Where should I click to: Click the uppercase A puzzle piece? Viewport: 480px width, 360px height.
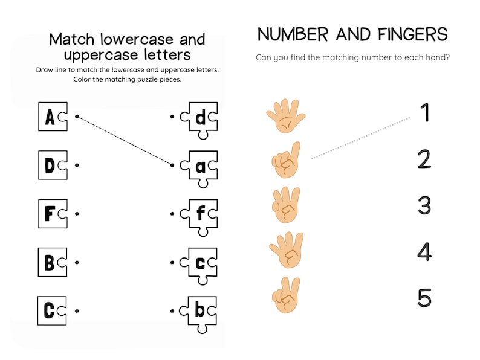(x=52, y=117)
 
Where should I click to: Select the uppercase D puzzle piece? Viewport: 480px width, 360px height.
(x=52, y=165)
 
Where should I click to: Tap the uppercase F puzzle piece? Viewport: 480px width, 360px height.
(x=52, y=214)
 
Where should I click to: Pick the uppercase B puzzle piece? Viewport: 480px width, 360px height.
(x=52, y=262)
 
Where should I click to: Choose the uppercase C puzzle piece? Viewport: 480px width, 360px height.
(x=52, y=311)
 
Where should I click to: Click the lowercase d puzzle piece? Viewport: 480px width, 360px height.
(x=199, y=117)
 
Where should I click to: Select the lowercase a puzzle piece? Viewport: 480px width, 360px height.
(x=199, y=166)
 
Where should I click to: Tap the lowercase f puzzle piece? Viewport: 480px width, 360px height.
(x=199, y=214)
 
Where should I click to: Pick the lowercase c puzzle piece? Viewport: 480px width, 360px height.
(x=199, y=263)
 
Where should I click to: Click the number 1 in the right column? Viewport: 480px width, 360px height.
(x=425, y=113)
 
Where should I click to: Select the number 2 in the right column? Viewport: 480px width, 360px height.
(x=424, y=159)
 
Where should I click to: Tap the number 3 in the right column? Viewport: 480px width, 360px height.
(x=424, y=206)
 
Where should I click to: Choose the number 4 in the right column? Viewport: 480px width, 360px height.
(x=424, y=251)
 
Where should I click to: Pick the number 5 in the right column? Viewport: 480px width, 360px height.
(x=424, y=298)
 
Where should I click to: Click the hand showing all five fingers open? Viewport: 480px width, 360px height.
(x=286, y=115)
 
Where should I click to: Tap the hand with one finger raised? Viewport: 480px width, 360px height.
(x=286, y=159)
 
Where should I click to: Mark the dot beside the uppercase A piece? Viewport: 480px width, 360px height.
(x=76, y=116)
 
